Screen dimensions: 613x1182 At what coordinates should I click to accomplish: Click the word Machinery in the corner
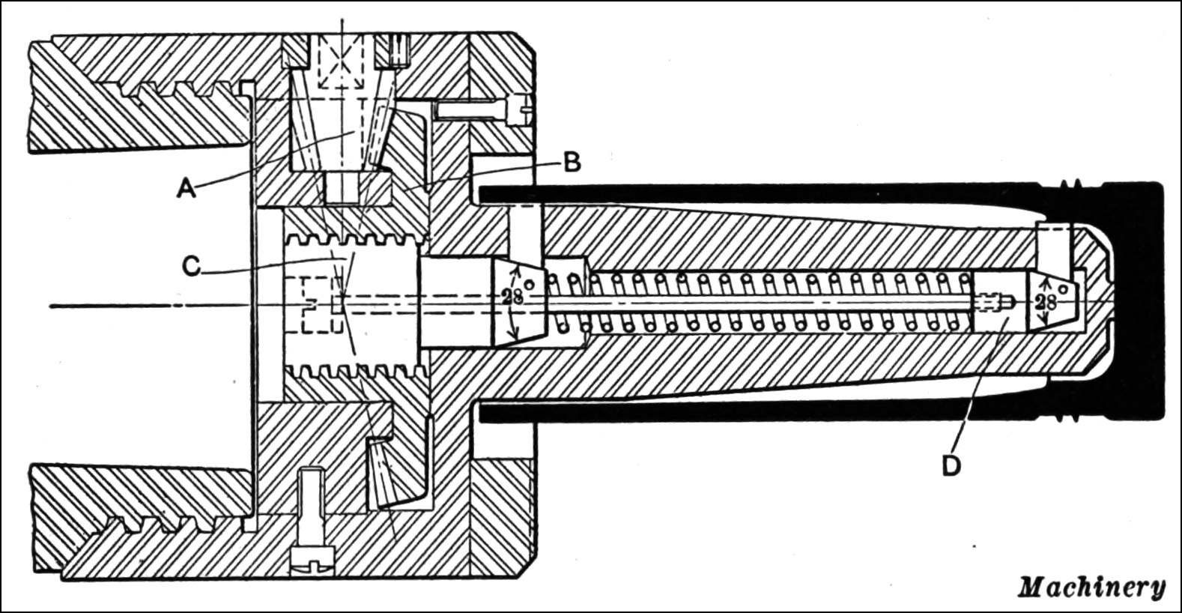coord(1091,587)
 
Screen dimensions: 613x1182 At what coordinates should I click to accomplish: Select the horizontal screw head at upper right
coord(520,112)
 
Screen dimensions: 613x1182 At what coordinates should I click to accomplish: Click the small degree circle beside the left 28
coord(530,285)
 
